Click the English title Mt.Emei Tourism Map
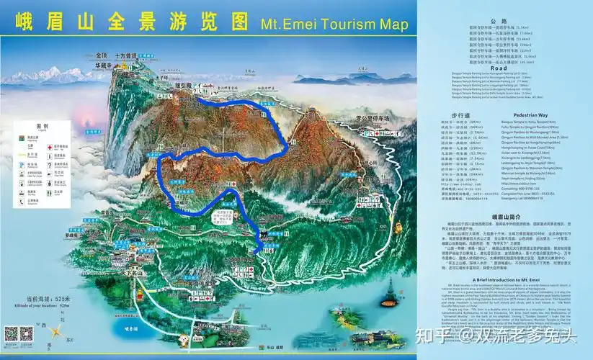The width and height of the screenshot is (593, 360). click(334, 23)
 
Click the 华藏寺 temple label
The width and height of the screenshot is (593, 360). click(105, 64)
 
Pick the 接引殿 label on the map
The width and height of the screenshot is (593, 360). click(181, 85)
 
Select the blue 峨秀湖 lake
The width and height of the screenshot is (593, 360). click(128, 330)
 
